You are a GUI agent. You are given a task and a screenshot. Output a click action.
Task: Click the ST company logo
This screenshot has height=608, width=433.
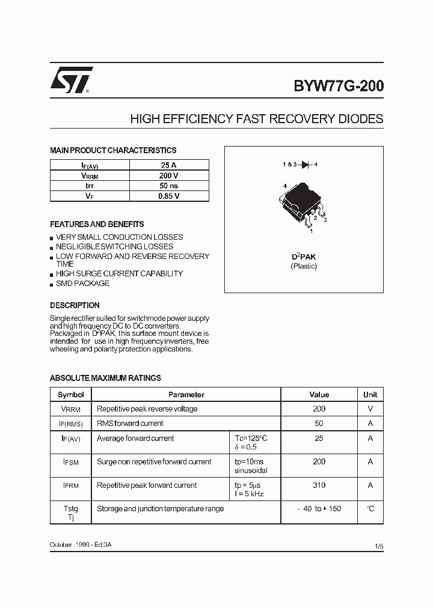pyautogui.click(x=71, y=80)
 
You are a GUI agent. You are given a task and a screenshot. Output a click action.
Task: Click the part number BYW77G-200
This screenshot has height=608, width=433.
pyautogui.click(x=338, y=86)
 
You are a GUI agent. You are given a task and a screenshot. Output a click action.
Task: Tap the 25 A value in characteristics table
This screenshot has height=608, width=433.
pyautogui.click(x=168, y=165)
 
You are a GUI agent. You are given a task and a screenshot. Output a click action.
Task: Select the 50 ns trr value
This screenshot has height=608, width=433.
pyautogui.click(x=168, y=186)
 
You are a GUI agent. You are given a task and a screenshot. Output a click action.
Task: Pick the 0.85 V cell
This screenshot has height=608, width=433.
pyautogui.click(x=168, y=196)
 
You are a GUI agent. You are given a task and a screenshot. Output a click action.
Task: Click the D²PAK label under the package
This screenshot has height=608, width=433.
pyautogui.click(x=304, y=257)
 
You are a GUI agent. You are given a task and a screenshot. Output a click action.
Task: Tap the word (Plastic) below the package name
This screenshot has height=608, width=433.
pyautogui.click(x=304, y=266)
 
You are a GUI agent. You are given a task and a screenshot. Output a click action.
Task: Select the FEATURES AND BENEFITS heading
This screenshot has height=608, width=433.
pyautogui.click(x=97, y=224)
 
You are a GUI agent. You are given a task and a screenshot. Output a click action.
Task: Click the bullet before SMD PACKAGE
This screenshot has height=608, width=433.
pyautogui.click(x=52, y=284)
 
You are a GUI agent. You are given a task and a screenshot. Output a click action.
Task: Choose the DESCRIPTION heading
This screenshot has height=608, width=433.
pyautogui.click(x=75, y=305)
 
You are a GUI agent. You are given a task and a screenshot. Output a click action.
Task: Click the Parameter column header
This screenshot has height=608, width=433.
pyautogui.click(x=186, y=395)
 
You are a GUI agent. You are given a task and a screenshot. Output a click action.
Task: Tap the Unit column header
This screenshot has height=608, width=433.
pyautogui.click(x=370, y=395)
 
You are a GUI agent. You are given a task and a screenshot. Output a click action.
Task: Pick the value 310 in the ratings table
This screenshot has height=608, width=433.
pyautogui.click(x=319, y=485)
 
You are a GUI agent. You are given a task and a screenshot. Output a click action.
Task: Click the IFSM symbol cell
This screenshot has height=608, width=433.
pyautogui.click(x=71, y=462)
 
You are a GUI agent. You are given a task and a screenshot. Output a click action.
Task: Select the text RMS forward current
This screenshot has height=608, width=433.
pyautogui.click(x=130, y=424)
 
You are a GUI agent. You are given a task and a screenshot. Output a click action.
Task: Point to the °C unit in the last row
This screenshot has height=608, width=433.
pyautogui.click(x=370, y=509)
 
